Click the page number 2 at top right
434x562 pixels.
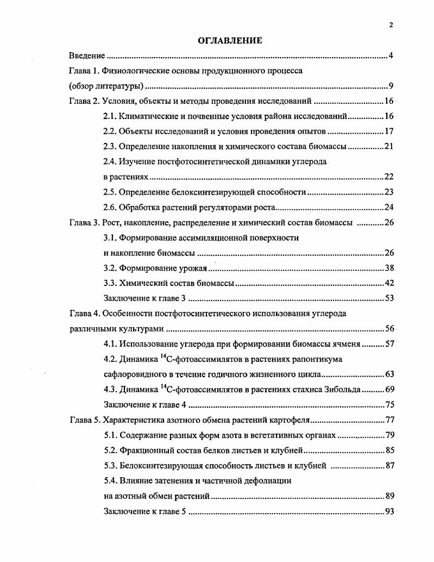[391, 24]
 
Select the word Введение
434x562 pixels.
[86, 56]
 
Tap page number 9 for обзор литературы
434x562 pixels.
[391, 86]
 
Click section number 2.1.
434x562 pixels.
[110, 116]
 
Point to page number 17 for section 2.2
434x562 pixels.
[388, 132]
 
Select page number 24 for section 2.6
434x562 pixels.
[388, 207]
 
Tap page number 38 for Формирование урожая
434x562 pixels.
[388, 267]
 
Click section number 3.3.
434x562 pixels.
[110, 283]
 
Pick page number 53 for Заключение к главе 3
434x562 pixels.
[388, 298]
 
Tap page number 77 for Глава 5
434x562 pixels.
[388, 420]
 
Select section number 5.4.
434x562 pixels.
[110, 480]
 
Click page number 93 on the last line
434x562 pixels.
[388, 511]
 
